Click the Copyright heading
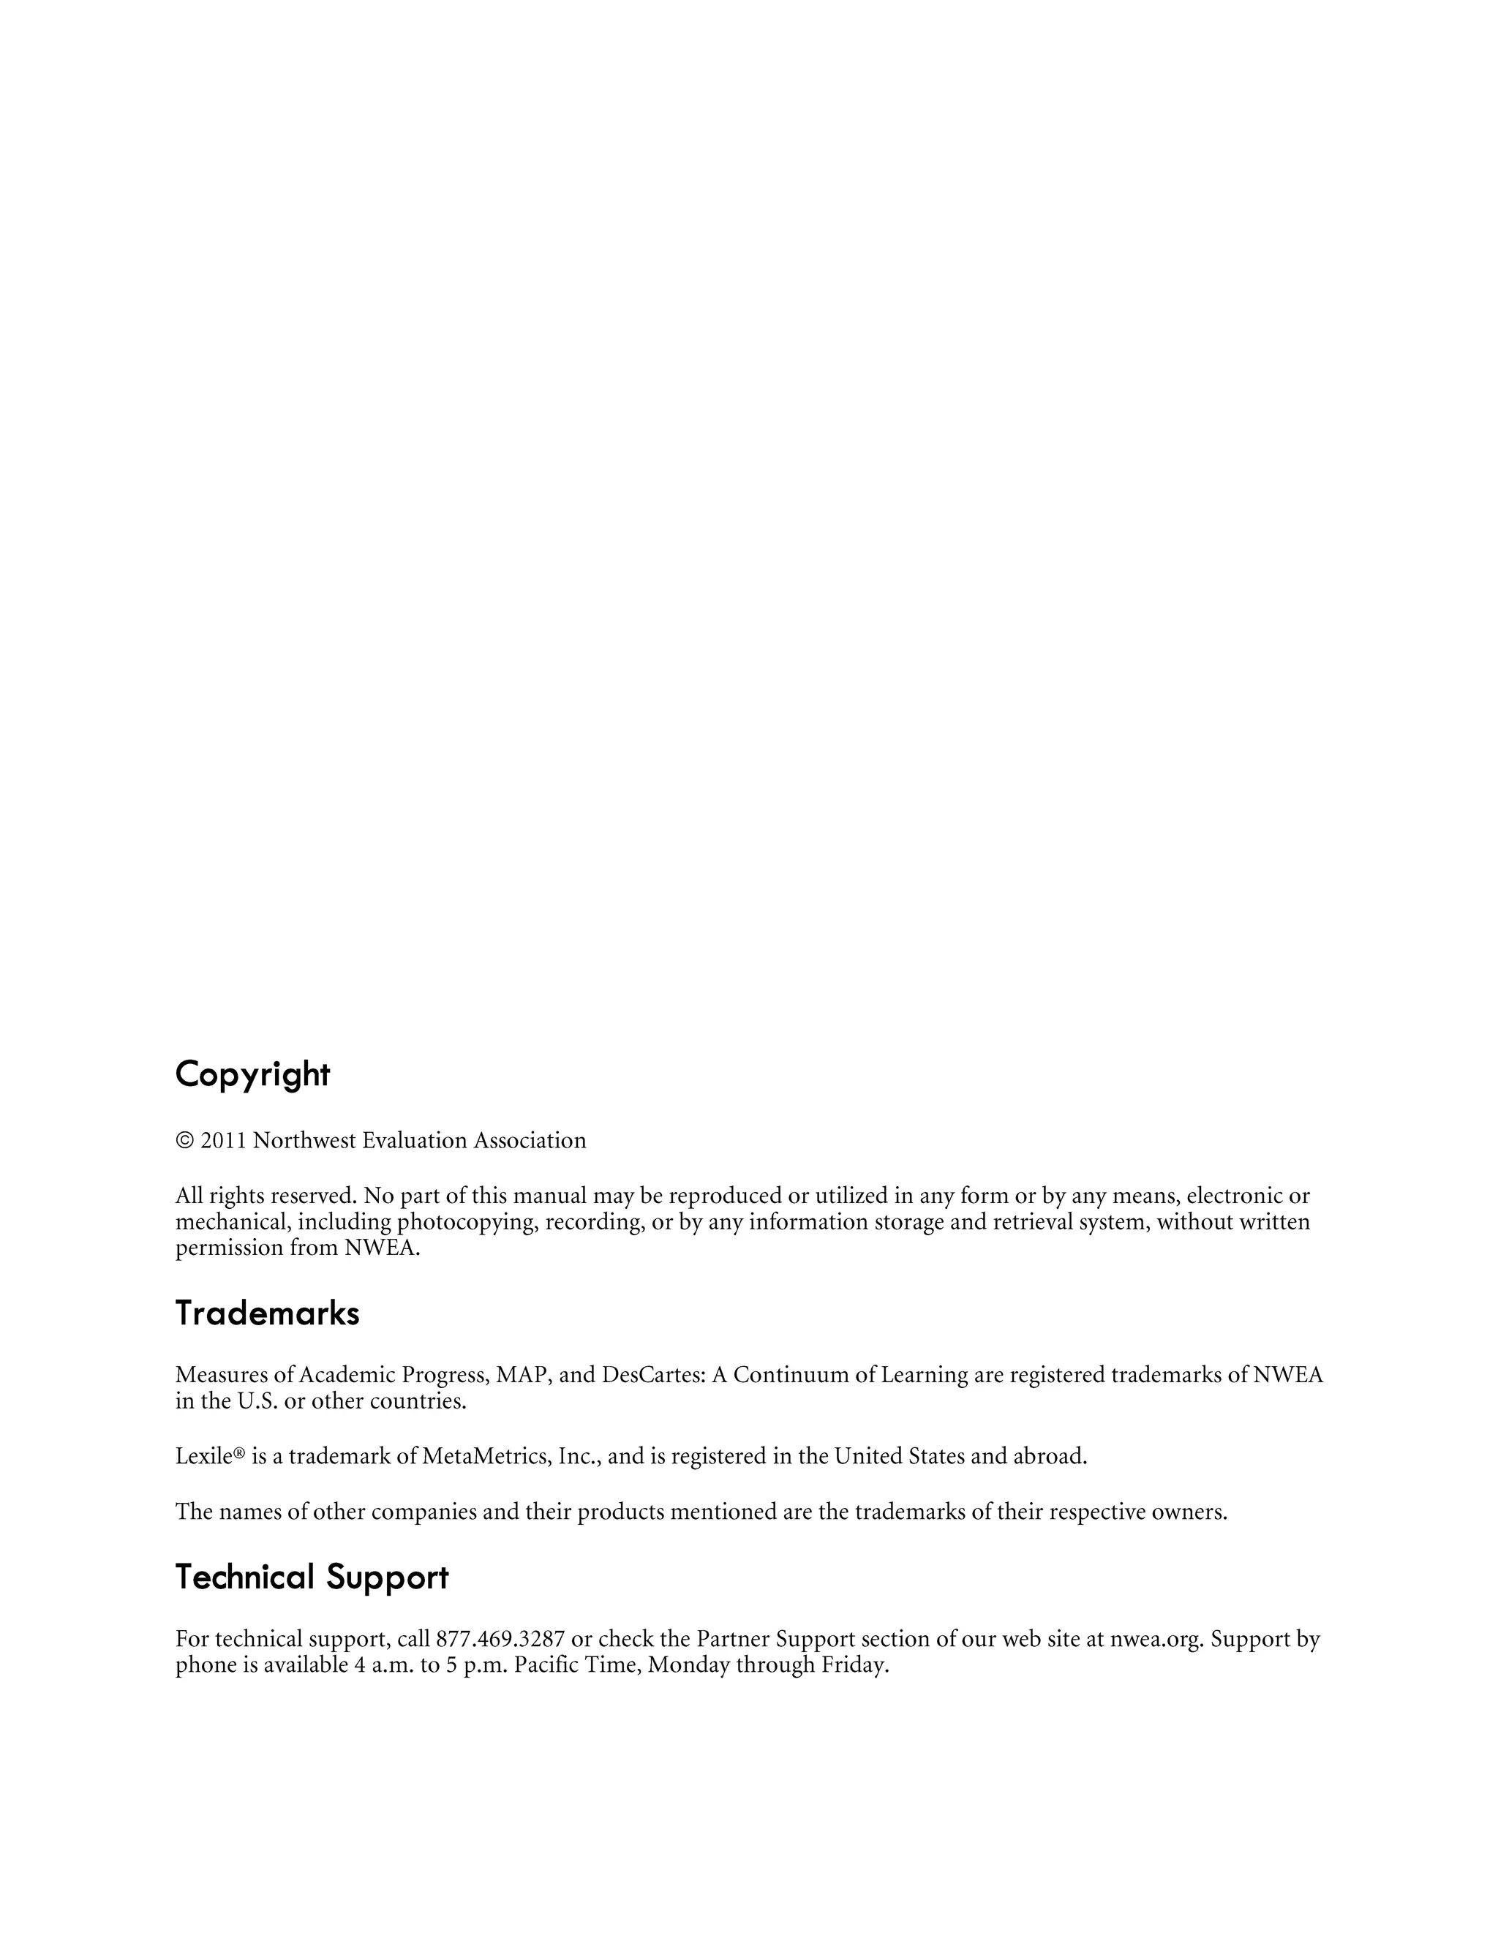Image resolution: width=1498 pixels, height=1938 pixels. pyautogui.click(x=252, y=1074)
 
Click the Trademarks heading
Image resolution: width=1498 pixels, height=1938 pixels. pyautogui.click(x=267, y=1313)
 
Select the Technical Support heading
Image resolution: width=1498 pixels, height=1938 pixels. pyautogui.click(x=312, y=1577)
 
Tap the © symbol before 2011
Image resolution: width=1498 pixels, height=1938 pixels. pyautogui.click(x=184, y=1141)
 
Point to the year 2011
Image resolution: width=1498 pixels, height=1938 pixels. pyautogui.click(x=223, y=1141)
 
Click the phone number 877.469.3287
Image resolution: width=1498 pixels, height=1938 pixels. pyautogui.click(x=500, y=1639)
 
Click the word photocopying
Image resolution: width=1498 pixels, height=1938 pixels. pyautogui.click(x=467, y=1223)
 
